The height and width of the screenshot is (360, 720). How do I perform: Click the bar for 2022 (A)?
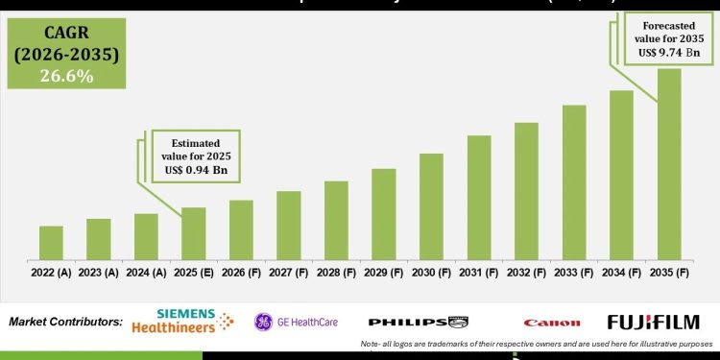tap(51, 242)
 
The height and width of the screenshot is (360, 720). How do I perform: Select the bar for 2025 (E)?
tap(194, 233)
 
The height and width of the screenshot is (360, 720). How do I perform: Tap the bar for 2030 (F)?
tap(431, 205)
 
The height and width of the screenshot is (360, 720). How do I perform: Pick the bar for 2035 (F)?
tap(669, 163)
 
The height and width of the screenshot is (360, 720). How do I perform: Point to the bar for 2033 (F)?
tap(574, 181)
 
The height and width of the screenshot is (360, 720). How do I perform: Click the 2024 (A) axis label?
tap(146, 272)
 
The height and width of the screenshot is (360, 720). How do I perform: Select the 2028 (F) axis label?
tap(336, 272)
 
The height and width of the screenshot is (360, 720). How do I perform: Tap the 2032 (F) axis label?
tap(526, 272)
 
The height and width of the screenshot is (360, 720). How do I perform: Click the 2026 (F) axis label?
tap(241, 272)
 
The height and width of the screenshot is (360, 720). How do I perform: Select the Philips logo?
tap(419, 322)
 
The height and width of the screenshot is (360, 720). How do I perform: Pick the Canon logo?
tap(552, 323)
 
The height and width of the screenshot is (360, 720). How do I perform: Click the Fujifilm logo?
tap(653, 322)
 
